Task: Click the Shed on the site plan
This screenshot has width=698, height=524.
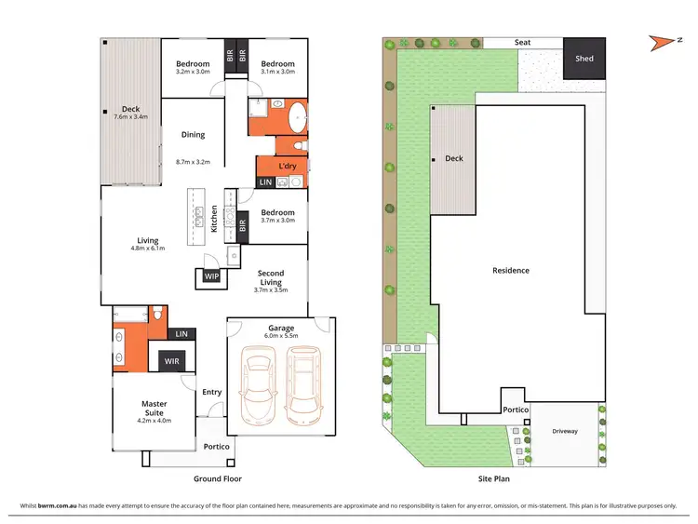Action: point(584,59)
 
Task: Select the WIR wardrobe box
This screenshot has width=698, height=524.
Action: point(172,360)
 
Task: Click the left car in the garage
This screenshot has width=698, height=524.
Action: point(259,383)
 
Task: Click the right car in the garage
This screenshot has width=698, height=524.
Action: point(304,383)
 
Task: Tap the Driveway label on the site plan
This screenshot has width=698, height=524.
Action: point(565,431)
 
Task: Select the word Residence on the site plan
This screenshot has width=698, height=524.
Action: point(510,271)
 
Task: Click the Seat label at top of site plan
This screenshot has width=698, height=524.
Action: point(522,43)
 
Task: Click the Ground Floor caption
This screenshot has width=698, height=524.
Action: point(217,478)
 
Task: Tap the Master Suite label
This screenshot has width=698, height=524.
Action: point(154,408)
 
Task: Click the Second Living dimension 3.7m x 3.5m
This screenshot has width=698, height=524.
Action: point(271,290)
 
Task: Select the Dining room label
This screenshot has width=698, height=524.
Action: point(193,136)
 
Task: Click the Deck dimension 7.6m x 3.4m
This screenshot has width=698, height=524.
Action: point(130,117)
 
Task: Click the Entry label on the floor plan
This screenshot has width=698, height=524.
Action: point(211,392)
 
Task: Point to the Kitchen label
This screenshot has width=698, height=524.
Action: point(214,218)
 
